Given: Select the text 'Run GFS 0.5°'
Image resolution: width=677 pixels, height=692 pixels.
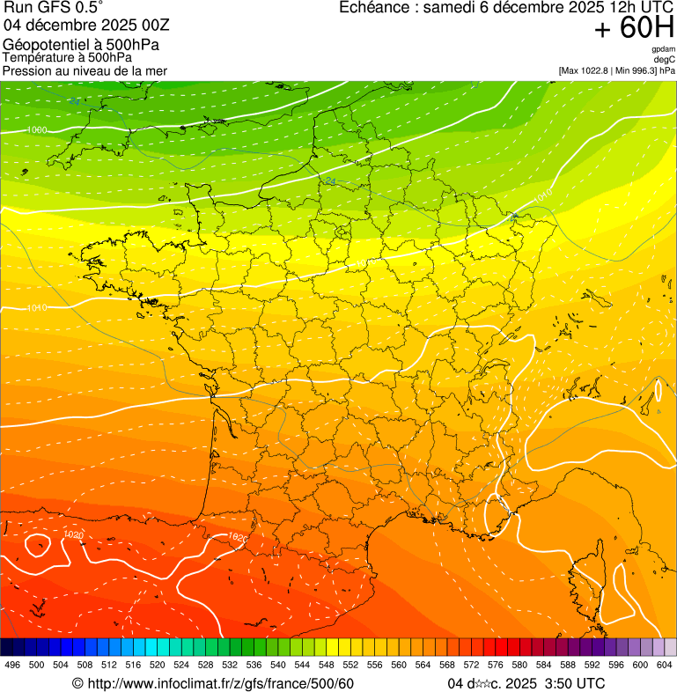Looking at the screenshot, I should tap(54, 8).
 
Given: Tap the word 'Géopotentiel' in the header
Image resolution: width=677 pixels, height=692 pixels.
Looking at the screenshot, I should tap(39, 45).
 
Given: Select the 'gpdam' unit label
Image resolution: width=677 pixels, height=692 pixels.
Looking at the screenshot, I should tap(663, 49).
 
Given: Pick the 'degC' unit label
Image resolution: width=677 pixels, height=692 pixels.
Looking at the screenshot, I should tap(665, 59).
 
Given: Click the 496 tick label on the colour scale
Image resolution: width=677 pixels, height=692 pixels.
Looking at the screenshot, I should tap(12, 665).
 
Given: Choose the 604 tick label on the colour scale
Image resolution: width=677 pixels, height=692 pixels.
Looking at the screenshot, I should tap(664, 665).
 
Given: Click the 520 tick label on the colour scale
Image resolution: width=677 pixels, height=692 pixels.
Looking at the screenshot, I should tap(158, 665).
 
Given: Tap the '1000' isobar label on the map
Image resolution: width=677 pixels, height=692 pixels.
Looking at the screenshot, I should tap(37, 130).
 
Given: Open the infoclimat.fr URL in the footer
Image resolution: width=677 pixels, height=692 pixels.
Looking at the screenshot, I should tap(212, 683).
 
